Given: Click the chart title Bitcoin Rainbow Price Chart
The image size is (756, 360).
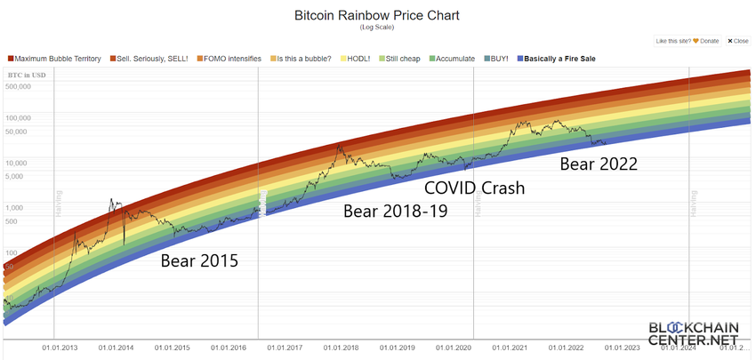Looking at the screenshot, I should pos(377,16).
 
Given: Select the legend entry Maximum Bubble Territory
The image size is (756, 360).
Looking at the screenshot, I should pos(58,59).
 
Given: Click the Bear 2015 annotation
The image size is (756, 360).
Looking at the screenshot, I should pos(199,261).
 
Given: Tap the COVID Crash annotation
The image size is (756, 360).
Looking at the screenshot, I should pos(474,188).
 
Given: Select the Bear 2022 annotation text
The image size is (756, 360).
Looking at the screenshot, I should pos(598,164).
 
